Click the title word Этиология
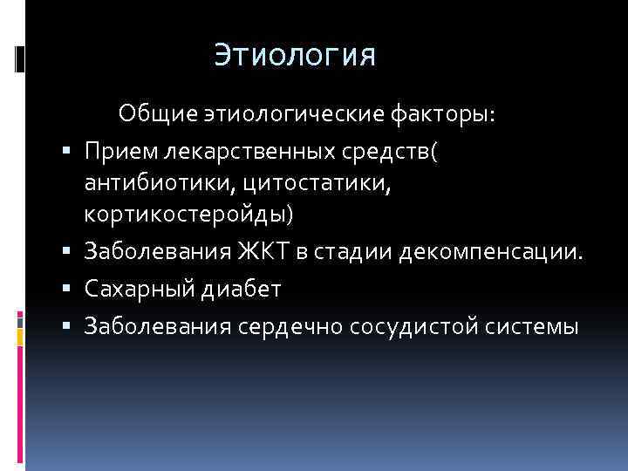click(x=295, y=57)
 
